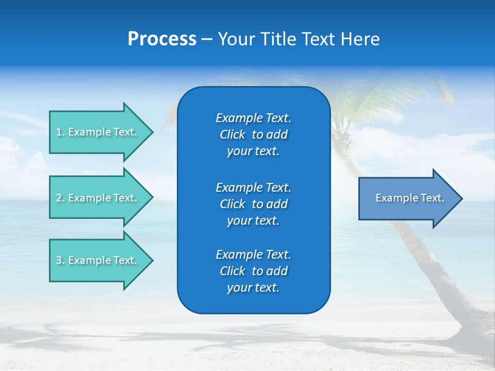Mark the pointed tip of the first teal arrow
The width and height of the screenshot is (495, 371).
(x=152, y=132)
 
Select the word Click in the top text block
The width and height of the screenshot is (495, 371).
(x=233, y=134)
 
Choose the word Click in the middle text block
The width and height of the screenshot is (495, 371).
(x=233, y=204)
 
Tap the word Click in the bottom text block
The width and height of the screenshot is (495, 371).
(x=233, y=271)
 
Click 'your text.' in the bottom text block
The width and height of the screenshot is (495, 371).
(x=253, y=288)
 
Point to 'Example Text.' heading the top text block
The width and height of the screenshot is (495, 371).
(x=253, y=118)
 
